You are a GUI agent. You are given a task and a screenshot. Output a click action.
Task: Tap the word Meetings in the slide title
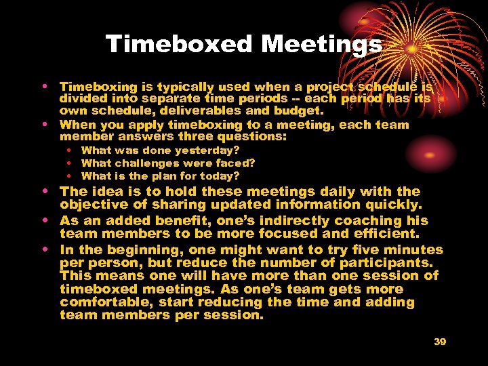click(321, 45)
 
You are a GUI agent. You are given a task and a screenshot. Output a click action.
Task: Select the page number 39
click(440, 342)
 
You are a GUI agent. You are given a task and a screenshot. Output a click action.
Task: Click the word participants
click(375, 262)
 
